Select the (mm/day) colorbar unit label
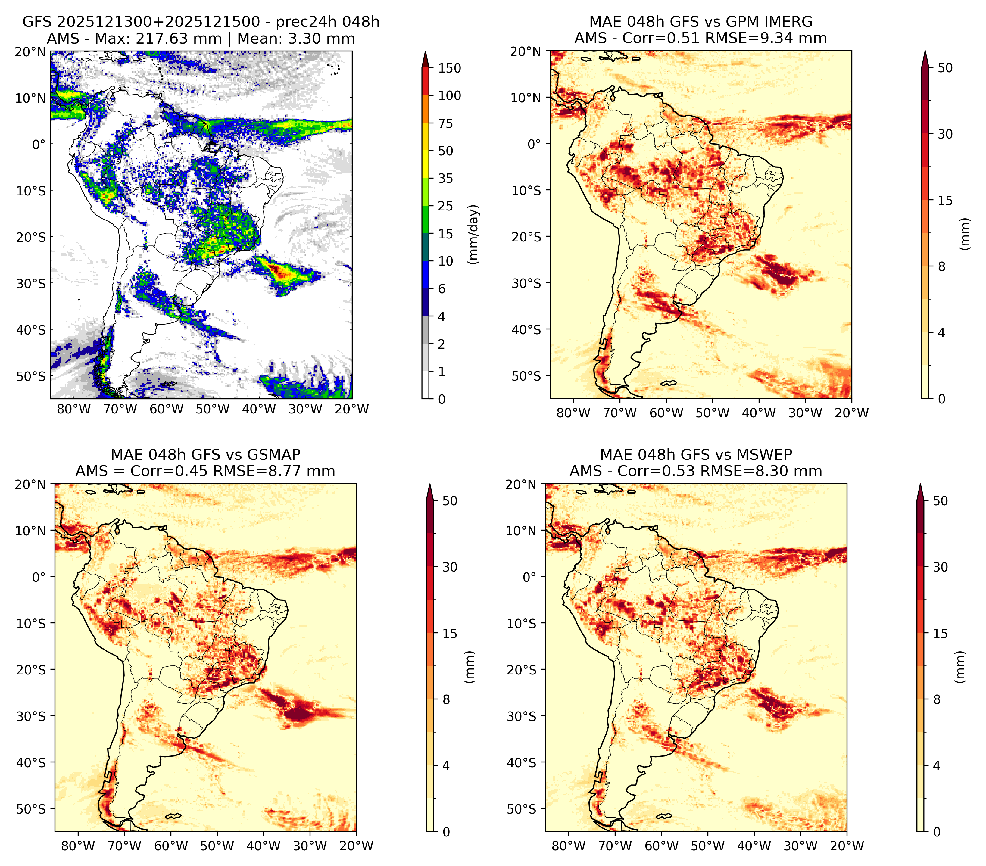474,234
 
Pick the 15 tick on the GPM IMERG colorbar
945,201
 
